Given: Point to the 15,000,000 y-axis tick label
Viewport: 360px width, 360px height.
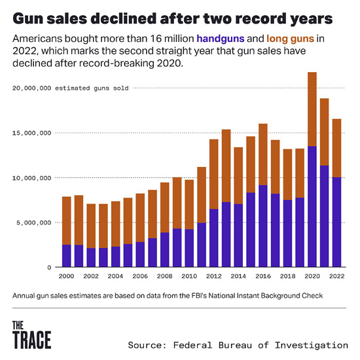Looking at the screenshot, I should [x=32, y=133].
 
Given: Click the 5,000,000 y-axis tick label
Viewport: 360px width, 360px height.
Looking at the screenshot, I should [x=34, y=223].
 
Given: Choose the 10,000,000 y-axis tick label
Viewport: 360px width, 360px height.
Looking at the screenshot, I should [x=32, y=178].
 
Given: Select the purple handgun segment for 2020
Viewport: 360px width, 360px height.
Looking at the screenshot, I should [x=312, y=206].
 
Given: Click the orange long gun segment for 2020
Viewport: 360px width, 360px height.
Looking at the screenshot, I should [x=312, y=109].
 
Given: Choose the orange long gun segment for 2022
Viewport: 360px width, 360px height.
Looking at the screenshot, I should [x=336, y=148].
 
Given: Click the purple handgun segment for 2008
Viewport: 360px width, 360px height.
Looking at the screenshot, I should [x=164, y=249].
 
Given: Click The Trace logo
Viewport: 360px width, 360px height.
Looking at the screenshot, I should [x=31, y=334].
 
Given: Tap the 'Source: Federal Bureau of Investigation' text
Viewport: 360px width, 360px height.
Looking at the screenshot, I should [x=238, y=344].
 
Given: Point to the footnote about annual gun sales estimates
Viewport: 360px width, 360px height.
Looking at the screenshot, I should [x=168, y=296].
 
